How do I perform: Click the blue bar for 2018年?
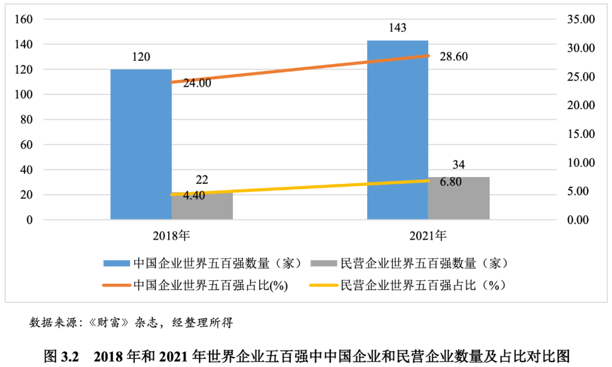pos(141,144)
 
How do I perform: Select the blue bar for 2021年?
pos(397,130)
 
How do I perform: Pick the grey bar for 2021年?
pos(458,198)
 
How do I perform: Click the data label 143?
pos(398,28)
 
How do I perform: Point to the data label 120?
pos(141,57)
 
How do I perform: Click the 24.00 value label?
pos(197,83)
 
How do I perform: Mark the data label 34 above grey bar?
pos(459,165)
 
